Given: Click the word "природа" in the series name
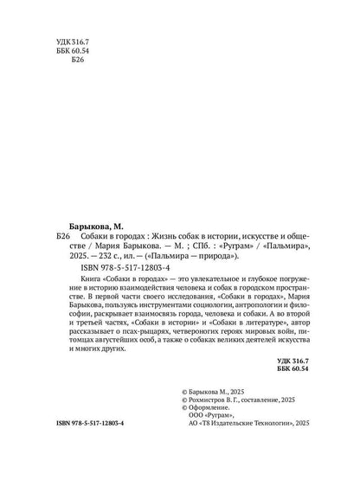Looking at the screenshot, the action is point(211,257).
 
